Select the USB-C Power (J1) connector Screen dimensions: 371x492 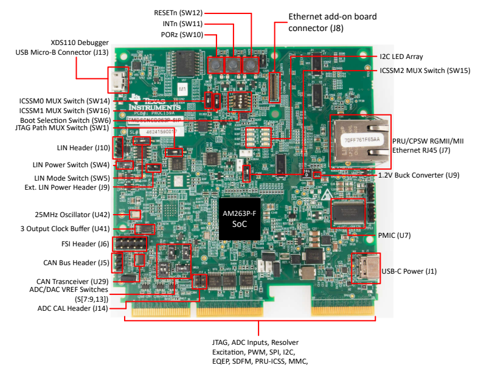pyautogui.click(x=366, y=270)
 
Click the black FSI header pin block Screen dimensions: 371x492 pyautogui.click(x=131, y=244)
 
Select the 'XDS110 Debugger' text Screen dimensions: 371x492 pyautogui.click(x=80, y=43)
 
